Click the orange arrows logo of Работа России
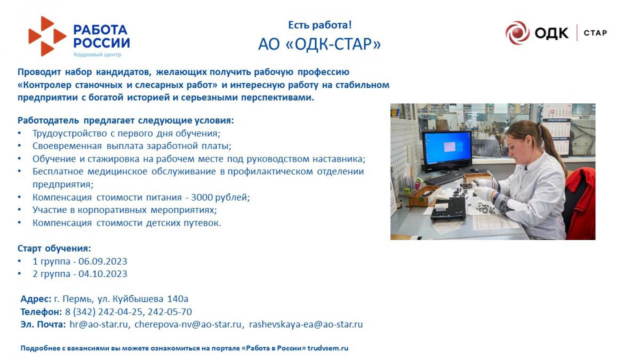[x=47, y=36]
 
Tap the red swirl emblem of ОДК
[x=517, y=33]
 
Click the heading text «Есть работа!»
[x=319, y=25]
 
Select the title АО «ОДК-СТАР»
[x=319, y=44]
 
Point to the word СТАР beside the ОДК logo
[x=595, y=33]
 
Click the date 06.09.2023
[x=103, y=261]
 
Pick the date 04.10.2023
[x=103, y=274]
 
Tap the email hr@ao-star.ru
[x=99, y=324]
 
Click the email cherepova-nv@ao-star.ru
[x=188, y=324]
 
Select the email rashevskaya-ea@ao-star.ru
[x=306, y=325]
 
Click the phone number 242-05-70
[x=170, y=311]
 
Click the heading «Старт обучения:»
[x=54, y=249]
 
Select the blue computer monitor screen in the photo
[x=447, y=149]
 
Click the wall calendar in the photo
[x=557, y=129]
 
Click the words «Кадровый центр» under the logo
[x=97, y=54]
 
